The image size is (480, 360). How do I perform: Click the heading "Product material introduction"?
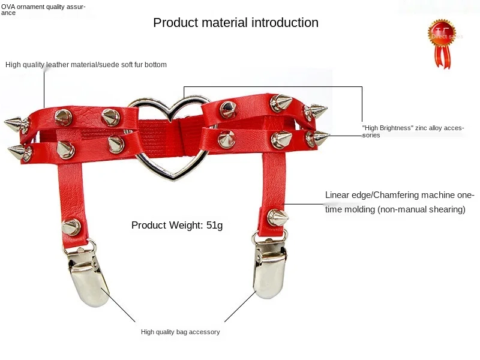pos(236,23)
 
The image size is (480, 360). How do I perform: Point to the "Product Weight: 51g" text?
pos(177,226)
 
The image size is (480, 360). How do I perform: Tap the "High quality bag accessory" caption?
pos(180,332)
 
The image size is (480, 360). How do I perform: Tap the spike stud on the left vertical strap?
pos(71,226)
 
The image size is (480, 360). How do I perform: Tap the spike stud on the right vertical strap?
pos(277,217)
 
